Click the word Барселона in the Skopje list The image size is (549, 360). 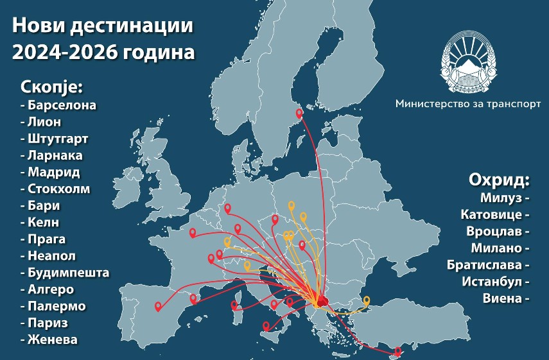(x=62, y=105)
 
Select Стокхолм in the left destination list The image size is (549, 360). (x=58, y=189)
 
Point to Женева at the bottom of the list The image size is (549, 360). (x=52, y=339)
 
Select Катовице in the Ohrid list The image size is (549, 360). (x=491, y=214)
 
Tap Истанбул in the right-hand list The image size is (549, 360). (x=491, y=281)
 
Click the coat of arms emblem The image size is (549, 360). (x=467, y=64)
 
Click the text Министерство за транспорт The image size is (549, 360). (x=468, y=103)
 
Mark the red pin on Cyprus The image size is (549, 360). (x=398, y=350)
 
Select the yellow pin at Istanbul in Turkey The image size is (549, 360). (x=367, y=300)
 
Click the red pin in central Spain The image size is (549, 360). (x=158, y=306)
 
